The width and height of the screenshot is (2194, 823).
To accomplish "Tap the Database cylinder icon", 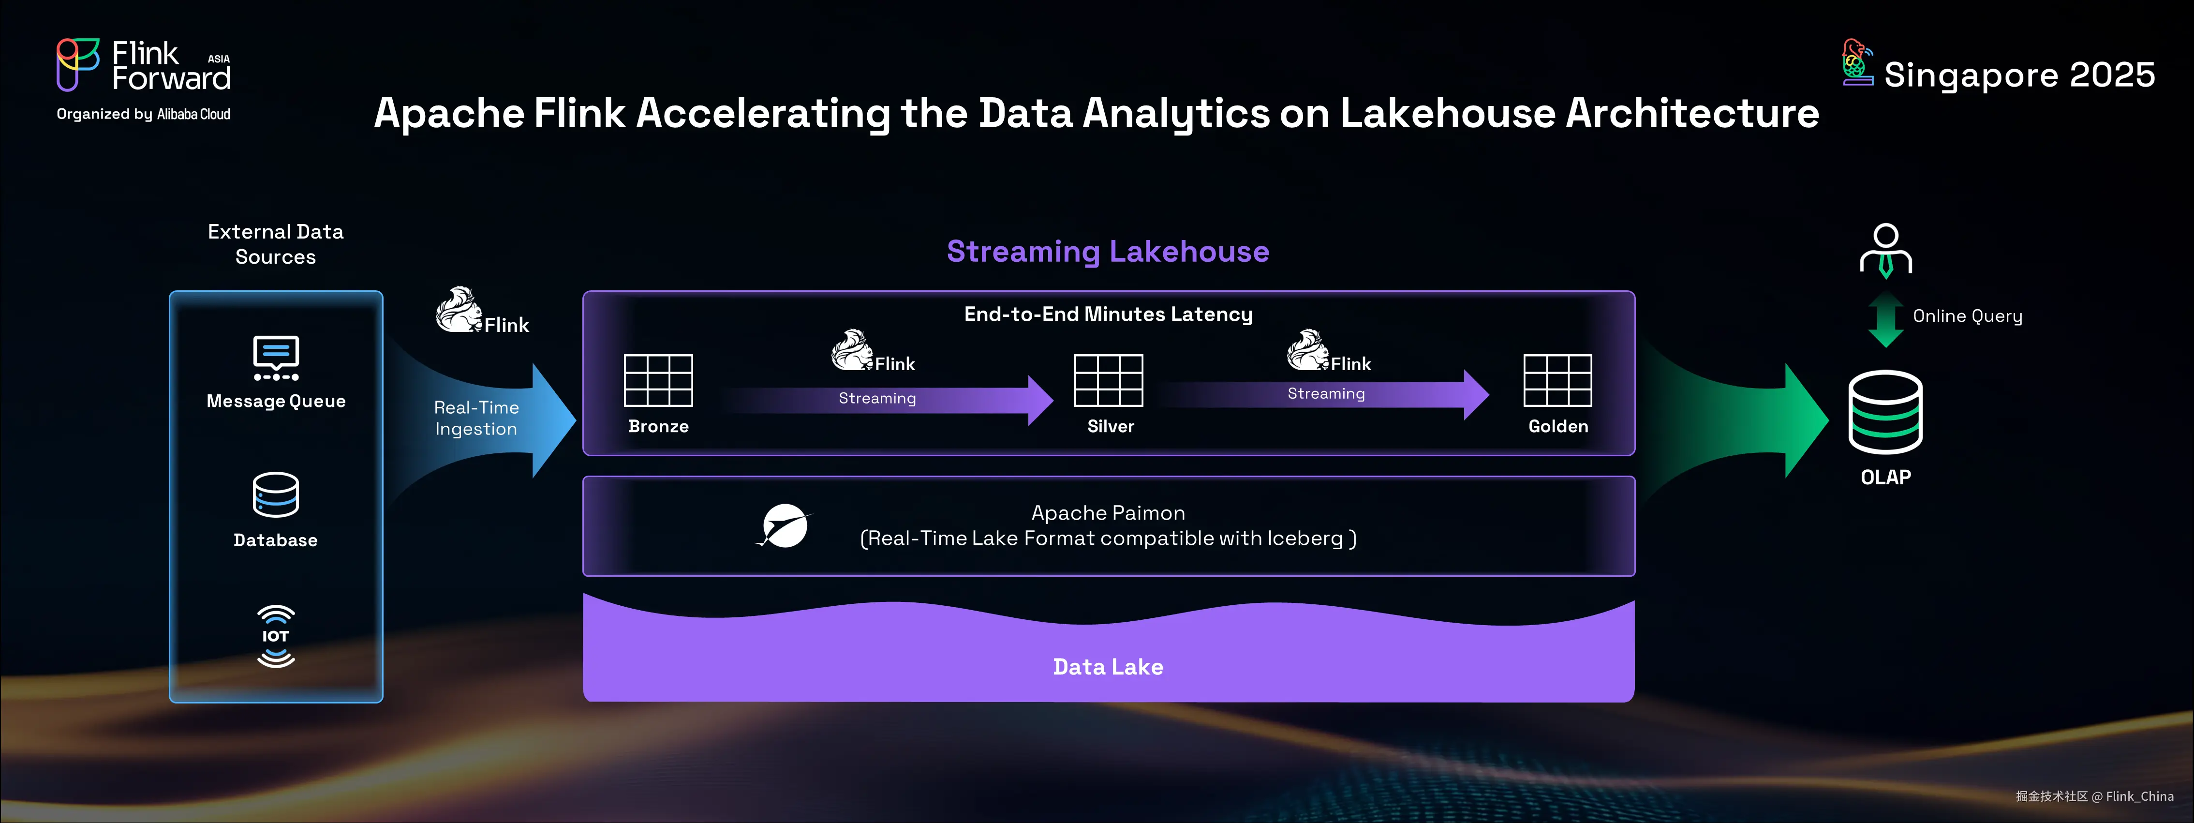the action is (276, 494).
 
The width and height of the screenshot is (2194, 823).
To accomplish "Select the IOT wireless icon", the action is (276, 636).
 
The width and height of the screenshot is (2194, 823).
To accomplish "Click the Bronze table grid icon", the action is (658, 380).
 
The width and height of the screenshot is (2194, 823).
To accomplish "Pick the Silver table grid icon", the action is (1108, 380).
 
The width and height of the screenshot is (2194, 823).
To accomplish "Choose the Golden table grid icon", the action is (1558, 380).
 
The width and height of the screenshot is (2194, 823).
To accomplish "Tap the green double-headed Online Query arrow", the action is (1886, 319).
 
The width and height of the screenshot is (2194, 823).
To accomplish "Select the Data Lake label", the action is (1108, 666).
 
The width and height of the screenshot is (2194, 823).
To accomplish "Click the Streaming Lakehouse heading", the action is (1108, 251).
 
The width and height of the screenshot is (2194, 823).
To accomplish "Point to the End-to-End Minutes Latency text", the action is (1108, 314).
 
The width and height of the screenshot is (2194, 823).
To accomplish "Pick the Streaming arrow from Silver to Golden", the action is (1324, 394).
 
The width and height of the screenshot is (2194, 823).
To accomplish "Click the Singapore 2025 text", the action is (2019, 75).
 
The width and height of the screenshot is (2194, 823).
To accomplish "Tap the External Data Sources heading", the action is (276, 244).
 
